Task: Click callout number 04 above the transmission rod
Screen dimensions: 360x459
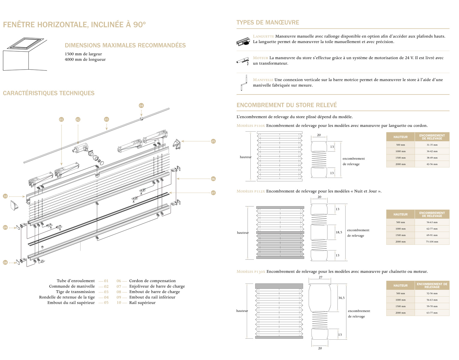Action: pos(141,106)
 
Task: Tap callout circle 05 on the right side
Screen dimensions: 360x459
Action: pos(213,141)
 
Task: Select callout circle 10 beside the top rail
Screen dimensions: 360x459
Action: pos(5,196)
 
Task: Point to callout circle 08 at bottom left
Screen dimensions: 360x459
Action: pos(5,262)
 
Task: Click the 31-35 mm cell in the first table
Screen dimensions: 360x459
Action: pos(432,145)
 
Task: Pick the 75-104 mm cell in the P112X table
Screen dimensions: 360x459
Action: pos(432,242)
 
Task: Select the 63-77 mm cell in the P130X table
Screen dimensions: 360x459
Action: pos(432,313)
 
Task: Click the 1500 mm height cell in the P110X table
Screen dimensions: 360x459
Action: pos(400,158)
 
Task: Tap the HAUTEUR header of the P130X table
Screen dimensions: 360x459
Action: pos(400,286)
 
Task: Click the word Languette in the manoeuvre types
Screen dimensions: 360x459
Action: pos(263,36)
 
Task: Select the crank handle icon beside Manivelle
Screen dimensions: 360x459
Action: pos(244,83)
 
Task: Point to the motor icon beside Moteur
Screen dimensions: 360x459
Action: pos(243,61)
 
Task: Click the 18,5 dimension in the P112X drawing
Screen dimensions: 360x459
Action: pos(339,232)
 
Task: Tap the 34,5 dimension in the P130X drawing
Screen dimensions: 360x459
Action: pos(341,298)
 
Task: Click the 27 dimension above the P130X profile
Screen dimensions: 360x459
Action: pos(320,277)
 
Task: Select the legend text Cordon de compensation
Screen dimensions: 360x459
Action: pos(152,281)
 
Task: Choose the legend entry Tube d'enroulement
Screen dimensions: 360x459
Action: pos(76,281)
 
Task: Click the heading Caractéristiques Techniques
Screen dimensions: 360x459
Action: pos(49,93)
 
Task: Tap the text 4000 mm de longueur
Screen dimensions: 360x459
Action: pos(85,59)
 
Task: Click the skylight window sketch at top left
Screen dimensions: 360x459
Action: pos(25,54)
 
